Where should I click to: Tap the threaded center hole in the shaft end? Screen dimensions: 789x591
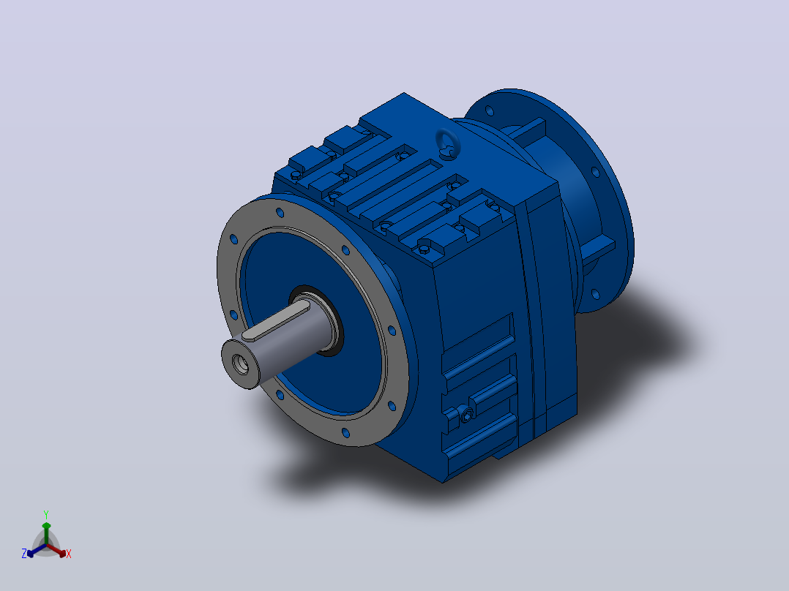point(241,364)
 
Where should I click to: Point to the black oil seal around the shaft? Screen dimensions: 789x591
point(317,322)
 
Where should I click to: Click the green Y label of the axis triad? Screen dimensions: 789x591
point(46,514)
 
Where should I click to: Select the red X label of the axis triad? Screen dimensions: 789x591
point(69,554)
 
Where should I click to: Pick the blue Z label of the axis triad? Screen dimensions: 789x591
point(24,553)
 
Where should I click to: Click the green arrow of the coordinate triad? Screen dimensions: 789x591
point(46,533)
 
